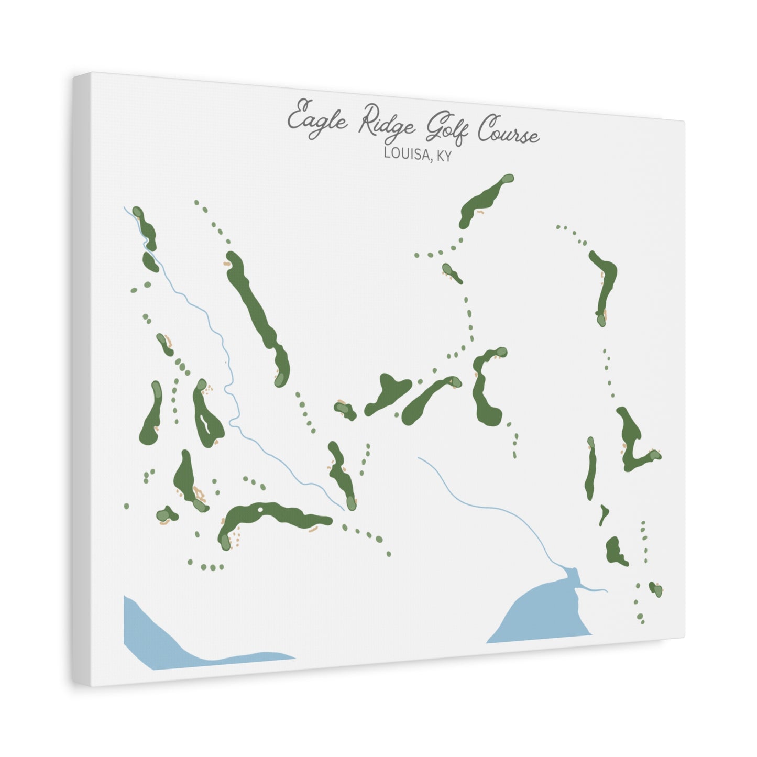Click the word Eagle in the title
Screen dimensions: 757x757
click(x=316, y=116)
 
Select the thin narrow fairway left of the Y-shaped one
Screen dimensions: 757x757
click(x=591, y=469)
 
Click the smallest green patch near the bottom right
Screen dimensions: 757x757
click(x=655, y=588)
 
